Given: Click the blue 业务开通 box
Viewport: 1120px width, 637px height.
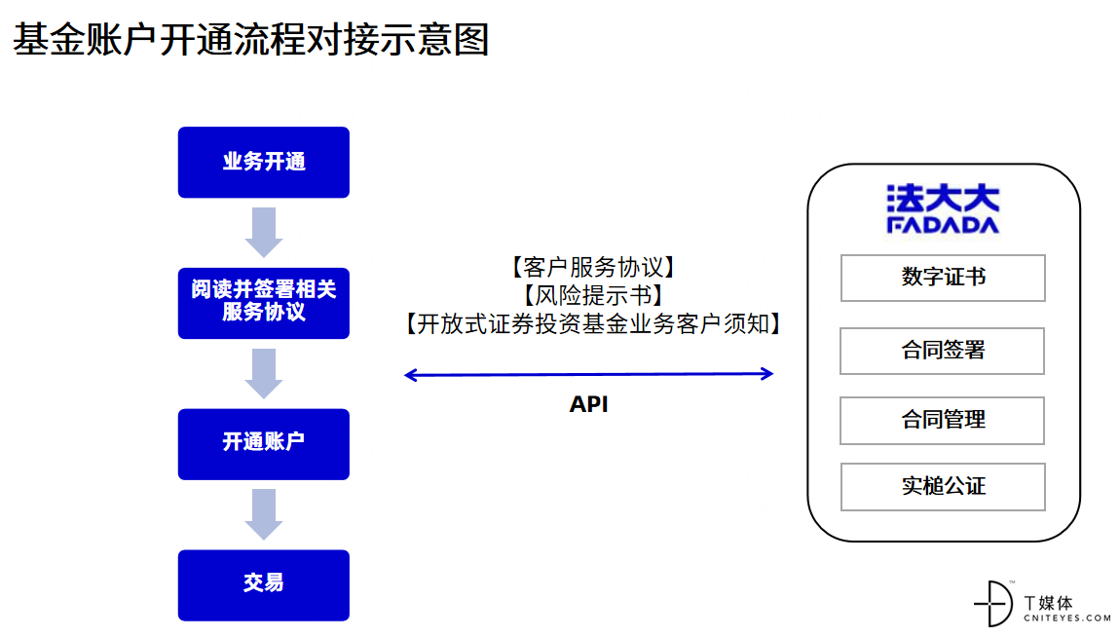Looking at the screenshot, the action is (x=264, y=162).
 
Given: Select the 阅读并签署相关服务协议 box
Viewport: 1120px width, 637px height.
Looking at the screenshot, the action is (x=264, y=303).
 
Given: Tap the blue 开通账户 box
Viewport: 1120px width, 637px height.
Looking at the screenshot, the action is (x=264, y=444).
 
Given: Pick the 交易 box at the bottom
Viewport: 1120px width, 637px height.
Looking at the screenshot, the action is (x=264, y=584).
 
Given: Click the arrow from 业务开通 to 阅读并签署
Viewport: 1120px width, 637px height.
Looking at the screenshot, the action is (x=264, y=232).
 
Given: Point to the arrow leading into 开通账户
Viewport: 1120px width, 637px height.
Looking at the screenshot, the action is (x=264, y=373).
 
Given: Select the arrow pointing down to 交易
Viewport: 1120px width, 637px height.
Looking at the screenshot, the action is (x=264, y=514).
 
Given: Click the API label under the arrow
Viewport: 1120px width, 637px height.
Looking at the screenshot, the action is (x=588, y=404).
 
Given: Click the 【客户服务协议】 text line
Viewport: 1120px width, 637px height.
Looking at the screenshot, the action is (x=593, y=267).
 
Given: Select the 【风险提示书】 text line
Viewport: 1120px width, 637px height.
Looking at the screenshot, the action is (x=593, y=295).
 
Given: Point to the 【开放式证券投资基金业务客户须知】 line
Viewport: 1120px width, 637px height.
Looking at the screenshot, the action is (x=593, y=323).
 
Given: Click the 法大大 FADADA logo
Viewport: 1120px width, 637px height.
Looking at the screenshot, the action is (x=943, y=208).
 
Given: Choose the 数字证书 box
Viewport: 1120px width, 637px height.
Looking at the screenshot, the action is (x=943, y=278).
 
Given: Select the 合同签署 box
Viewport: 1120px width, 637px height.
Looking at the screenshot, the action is (x=942, y=351).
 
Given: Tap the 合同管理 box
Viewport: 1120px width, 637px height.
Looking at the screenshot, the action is (x=942, y=421).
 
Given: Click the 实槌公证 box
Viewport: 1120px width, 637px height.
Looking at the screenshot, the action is (x=943, y=487).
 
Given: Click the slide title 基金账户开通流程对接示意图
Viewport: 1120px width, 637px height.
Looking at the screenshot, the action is (x=250, y=39).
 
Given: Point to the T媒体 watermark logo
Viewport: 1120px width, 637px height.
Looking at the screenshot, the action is (x=1042, y=604).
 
